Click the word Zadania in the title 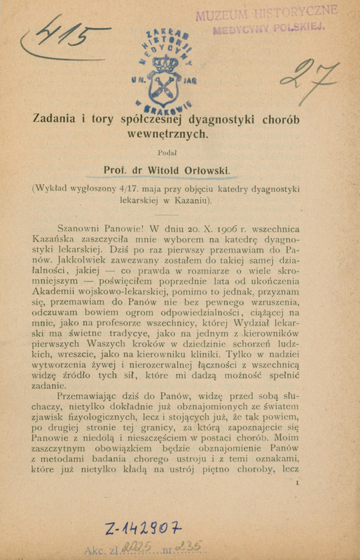(57, 120)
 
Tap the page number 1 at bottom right (298, 482)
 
